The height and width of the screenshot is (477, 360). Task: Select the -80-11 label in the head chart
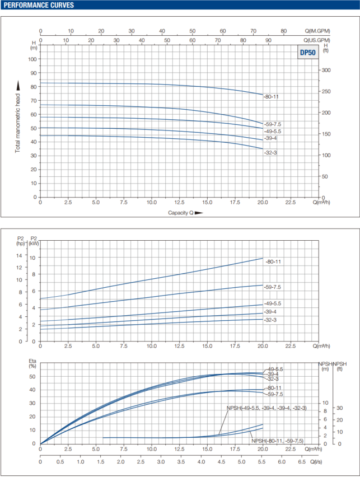coord(271,96)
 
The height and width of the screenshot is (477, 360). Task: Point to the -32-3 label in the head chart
coord(270,152)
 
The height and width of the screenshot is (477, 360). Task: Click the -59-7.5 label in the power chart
coord(273,287)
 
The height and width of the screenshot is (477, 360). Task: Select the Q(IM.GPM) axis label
coord(317,31)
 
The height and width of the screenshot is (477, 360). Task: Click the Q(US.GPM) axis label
coord(317,40)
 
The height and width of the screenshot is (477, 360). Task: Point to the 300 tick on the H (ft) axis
coord(326,71)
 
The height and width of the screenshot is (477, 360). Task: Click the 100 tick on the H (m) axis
coord(33,59)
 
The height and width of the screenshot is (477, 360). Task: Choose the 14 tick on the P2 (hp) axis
coord(20,255)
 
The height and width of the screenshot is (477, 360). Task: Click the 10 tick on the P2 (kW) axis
coord(33,258)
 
